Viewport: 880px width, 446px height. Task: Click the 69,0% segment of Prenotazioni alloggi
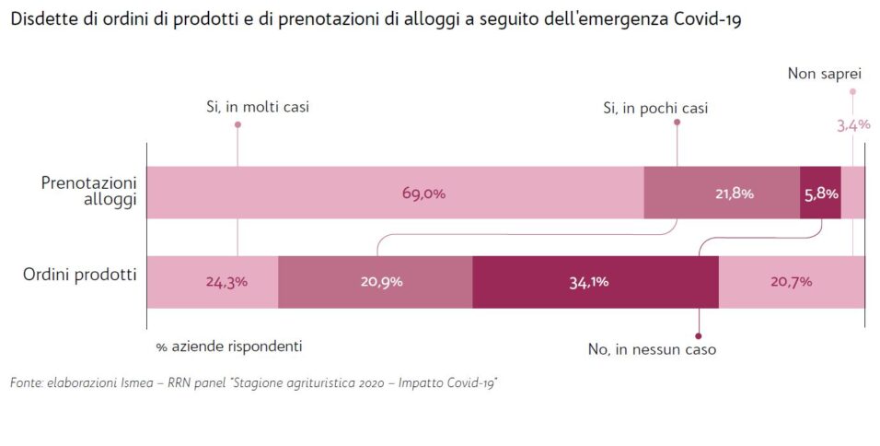(396, 193)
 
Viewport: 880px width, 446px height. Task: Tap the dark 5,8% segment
(820, 193)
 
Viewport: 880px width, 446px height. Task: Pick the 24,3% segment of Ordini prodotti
(213, 282)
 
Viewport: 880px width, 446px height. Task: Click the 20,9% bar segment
(375, 282)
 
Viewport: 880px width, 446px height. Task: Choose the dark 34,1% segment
(595, 282)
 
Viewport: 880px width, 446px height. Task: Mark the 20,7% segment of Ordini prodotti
(791, 282)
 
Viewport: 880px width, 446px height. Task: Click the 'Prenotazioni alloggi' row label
(89, 192)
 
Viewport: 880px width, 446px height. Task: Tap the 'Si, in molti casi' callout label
(258, 107)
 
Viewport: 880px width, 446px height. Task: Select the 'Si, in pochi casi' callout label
(655, 108)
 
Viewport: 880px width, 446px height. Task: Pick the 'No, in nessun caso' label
(652, 350)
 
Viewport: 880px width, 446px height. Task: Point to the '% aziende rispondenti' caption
(229, 346)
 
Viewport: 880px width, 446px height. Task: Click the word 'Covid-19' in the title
(707, 19)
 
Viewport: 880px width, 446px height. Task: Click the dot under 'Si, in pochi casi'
(677, 122)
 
